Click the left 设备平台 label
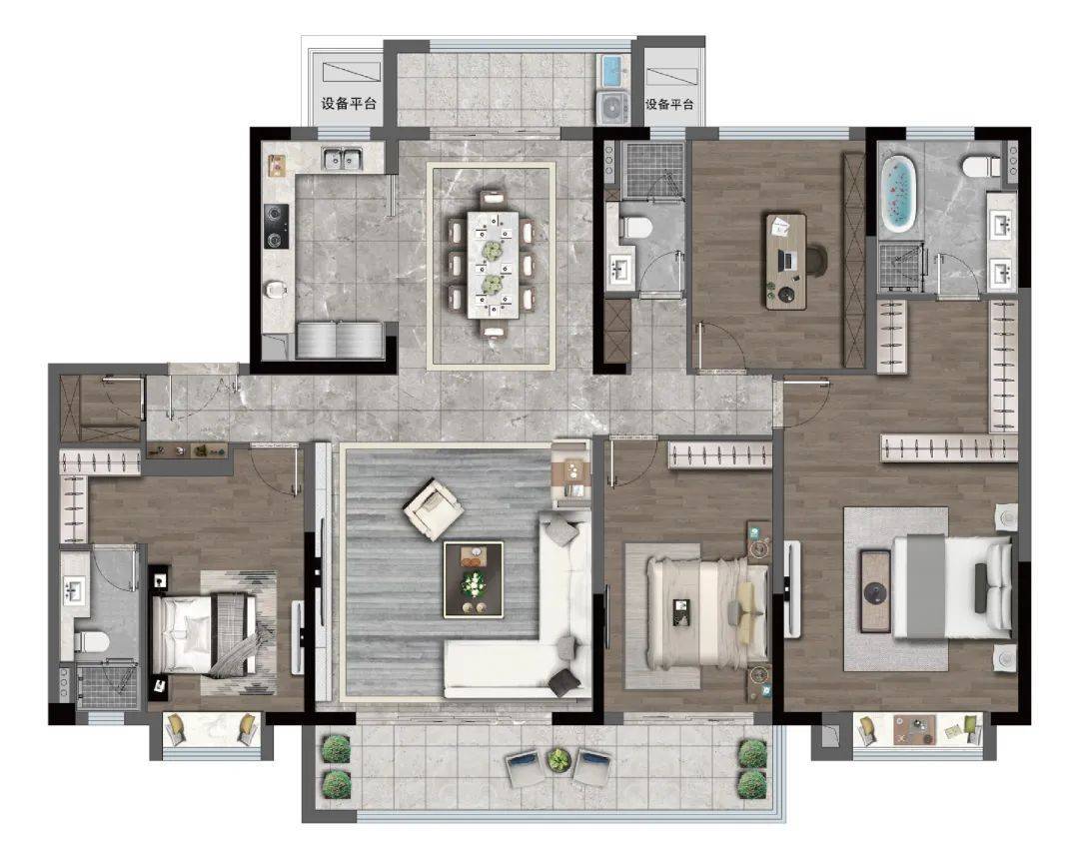349,104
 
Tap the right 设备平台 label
669,104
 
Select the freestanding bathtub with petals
899,194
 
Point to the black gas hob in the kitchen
276,226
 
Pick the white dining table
493,265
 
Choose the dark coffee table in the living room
473,579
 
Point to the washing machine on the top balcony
612,107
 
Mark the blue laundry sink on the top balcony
612,71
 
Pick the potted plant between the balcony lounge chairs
558,760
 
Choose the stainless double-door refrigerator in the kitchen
340,340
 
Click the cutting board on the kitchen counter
278,165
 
